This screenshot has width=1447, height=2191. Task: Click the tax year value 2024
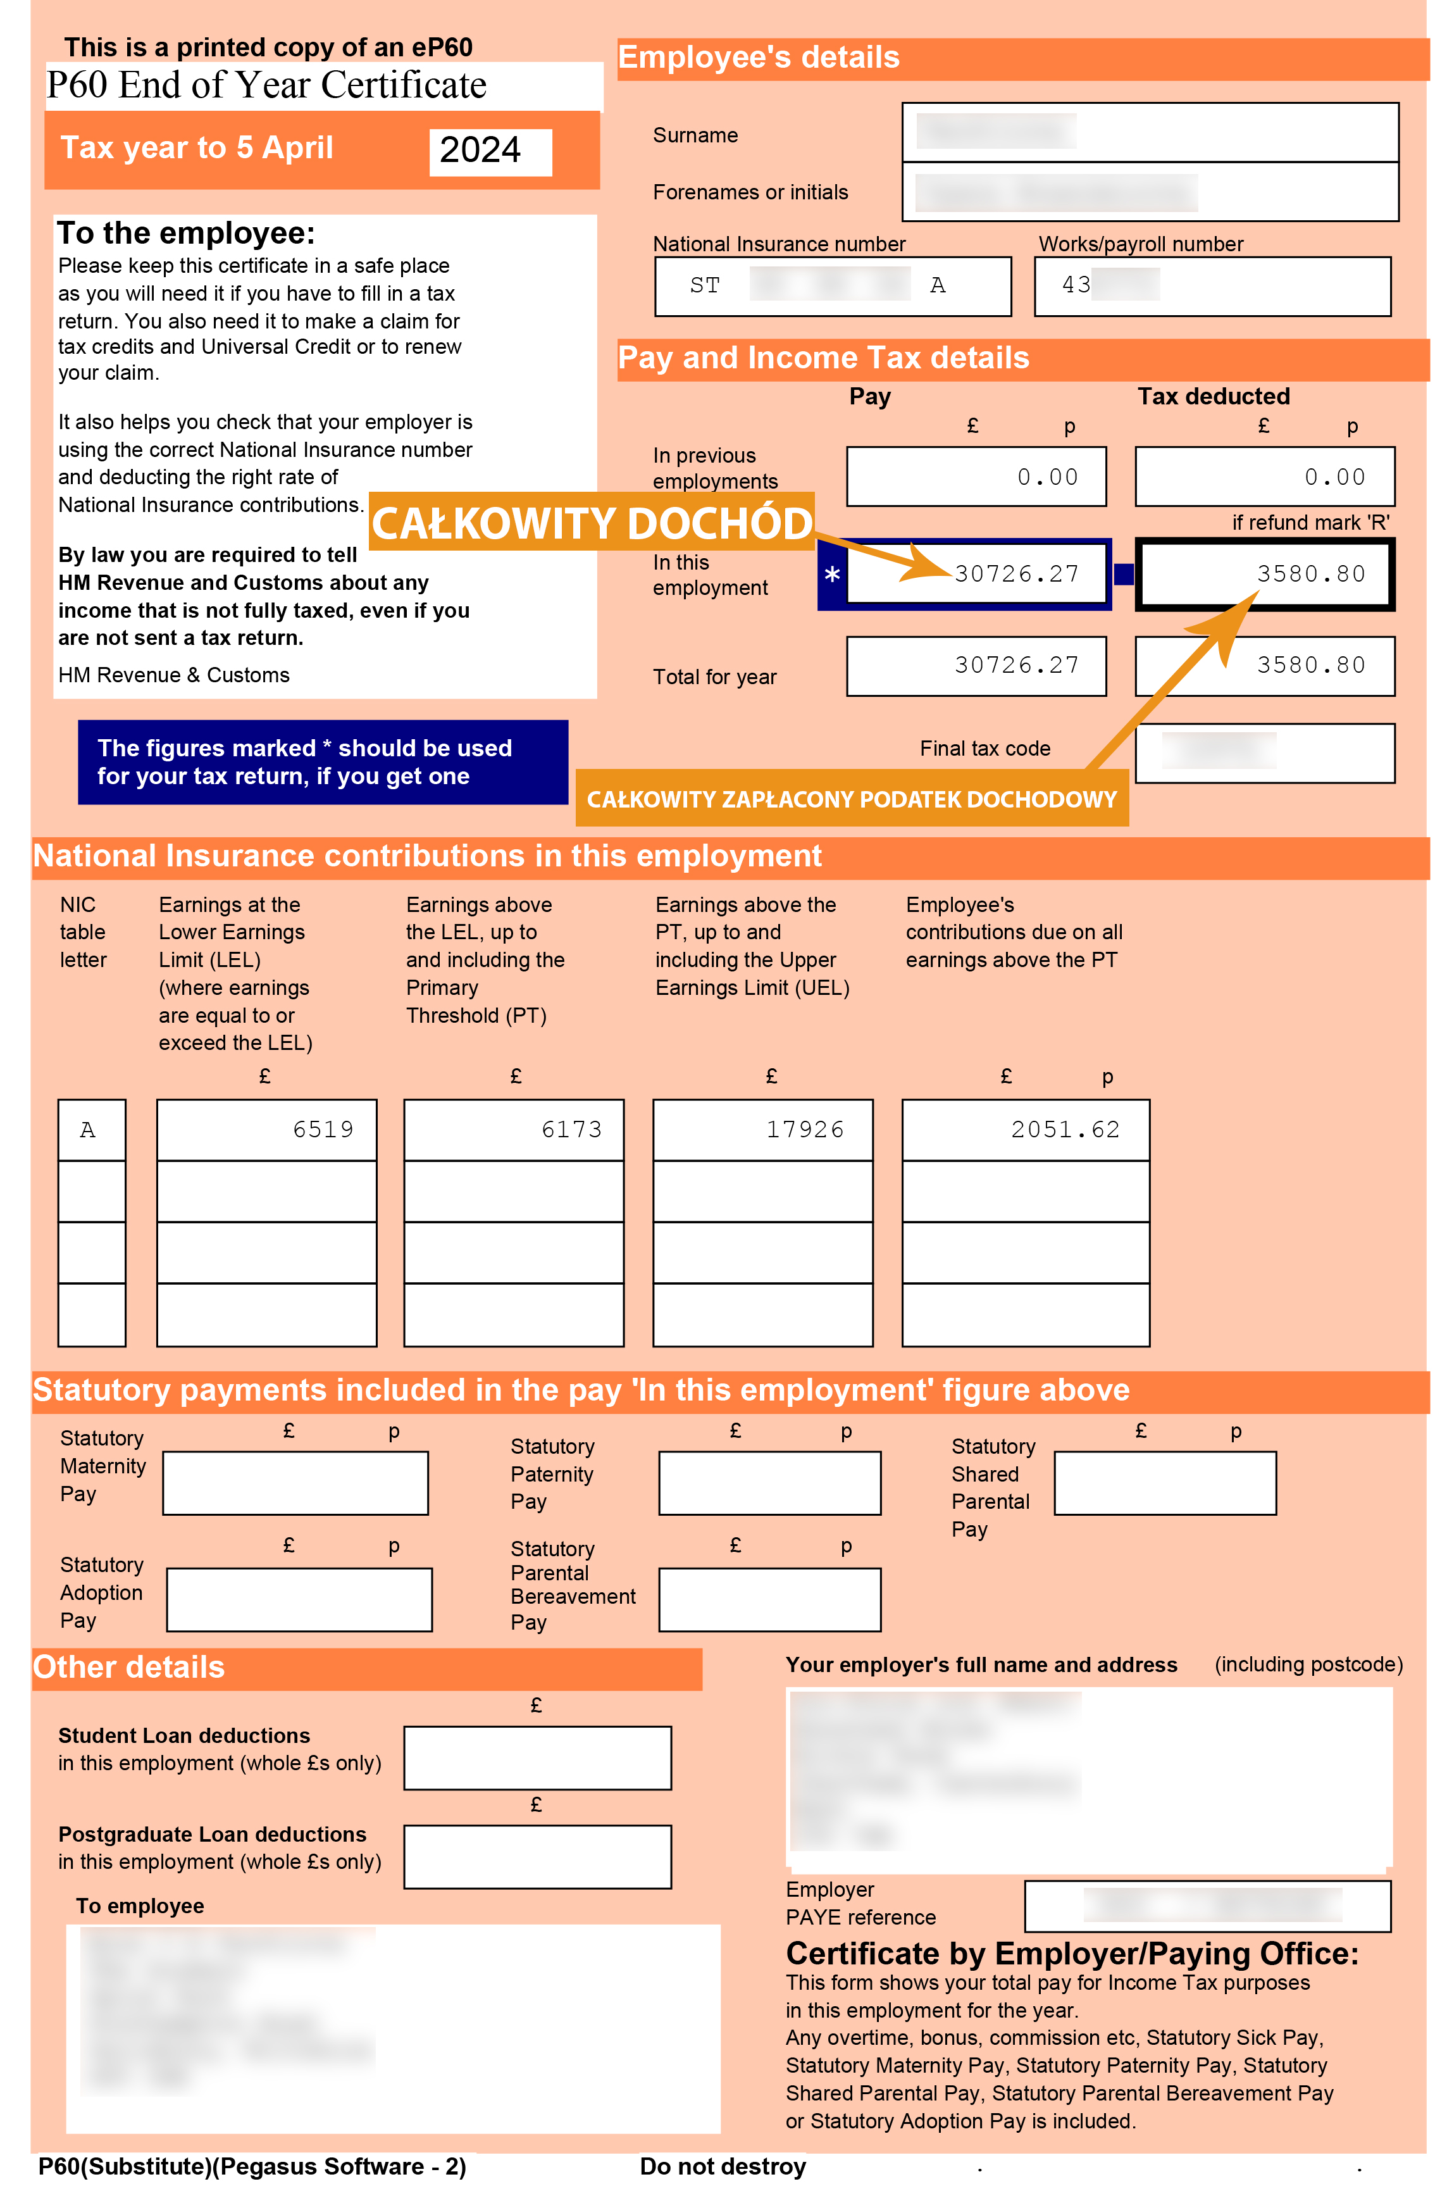(481, 151)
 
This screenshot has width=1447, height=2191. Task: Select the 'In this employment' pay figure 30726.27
(1016, 574)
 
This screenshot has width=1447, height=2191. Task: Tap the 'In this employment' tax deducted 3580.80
(1310, 574)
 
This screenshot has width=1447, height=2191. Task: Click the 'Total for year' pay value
(1016, 665)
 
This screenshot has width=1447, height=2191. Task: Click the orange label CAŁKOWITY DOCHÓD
(592, 523)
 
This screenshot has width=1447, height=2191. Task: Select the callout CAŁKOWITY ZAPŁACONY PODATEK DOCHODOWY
(851, 799)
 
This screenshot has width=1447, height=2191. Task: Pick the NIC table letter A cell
(89, 1130)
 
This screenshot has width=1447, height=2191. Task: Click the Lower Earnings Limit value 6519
(323, 1130)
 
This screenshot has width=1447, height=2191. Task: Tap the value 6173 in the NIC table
(571, 1130)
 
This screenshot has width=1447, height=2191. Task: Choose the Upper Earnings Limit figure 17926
(805, 1130)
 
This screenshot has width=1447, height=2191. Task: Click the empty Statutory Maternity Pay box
(295, 1483)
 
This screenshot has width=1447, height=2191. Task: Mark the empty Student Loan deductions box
(537, 1758)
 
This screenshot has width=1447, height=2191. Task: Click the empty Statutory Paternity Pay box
(769, 1483)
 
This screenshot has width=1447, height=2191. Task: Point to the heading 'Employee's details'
(759, 57)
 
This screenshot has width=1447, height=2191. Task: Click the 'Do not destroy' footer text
(723, 2166)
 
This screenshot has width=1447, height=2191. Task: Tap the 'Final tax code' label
(984, 749)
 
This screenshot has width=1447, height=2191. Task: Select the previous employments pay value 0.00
(1047, 477)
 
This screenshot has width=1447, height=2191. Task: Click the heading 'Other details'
(129, 1668)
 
